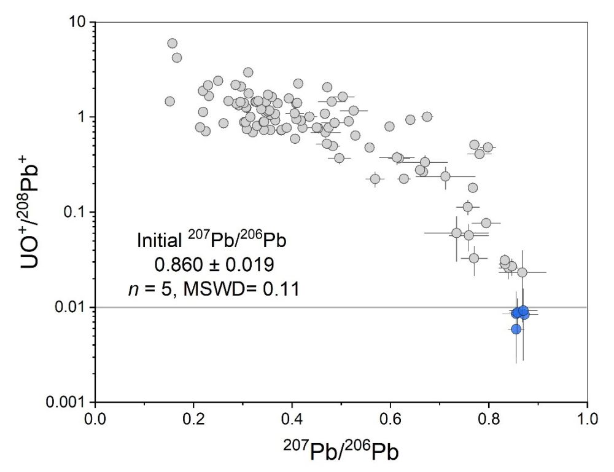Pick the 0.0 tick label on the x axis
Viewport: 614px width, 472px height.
click(x=95, y=423)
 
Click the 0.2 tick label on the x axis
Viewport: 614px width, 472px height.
click(x=193, y=423)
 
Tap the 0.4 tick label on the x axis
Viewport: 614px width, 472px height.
click(x=292, y=423)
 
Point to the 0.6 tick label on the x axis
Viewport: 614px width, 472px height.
click(x=391, y=423)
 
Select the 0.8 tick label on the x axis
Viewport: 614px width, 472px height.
click(x=489, y=423)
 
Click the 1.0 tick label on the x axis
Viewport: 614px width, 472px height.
click(x=587, y=423)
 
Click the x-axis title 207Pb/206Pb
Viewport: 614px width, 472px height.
click(x=341, y=452)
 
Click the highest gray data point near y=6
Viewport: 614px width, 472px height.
click(x=173, y=44)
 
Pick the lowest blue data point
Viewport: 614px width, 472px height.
click(x=516, y=329)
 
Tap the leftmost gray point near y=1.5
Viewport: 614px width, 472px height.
click(x=170, y=101)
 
